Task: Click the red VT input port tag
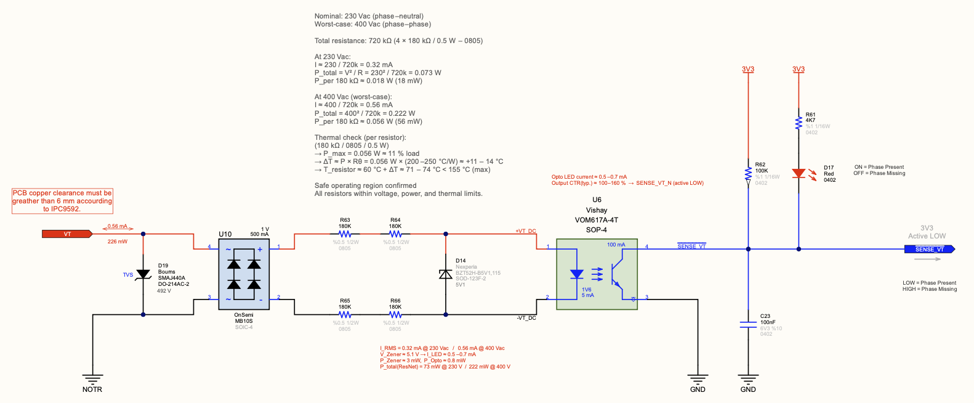[66, 234]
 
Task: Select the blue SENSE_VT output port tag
[928, 249]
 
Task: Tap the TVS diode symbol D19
[143, 274]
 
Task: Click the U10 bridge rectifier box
[244, 275]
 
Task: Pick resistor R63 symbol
[345, 234]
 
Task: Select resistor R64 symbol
[395, 234]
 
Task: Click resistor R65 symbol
[345, 315]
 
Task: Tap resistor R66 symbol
[395, 315]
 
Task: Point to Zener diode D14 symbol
[446, 274]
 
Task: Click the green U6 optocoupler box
[597, 274]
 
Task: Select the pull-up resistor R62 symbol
[748, 174]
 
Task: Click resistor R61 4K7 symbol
[799, 123]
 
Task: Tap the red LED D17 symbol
[799, 174]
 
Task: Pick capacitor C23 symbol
[748, 325]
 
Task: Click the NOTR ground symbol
[92, 380]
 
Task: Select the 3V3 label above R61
[799, 69]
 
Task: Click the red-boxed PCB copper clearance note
[62, 201]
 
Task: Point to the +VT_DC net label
[525, 231]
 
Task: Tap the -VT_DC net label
[526, 318]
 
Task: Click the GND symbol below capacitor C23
[748, 380]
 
